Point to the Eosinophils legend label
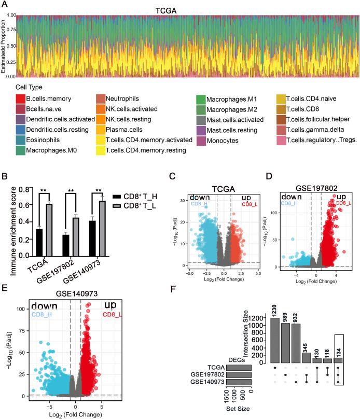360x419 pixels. click(x=38, y=140)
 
